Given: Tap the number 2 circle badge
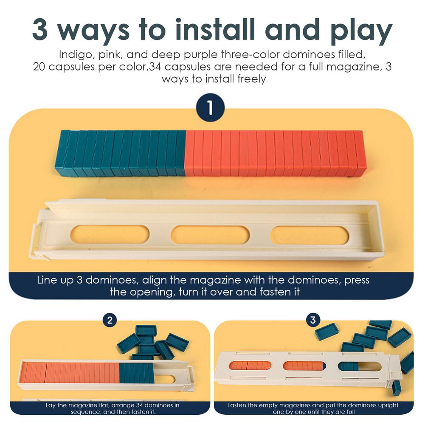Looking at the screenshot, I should point(110,320).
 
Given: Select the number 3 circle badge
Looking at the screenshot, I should point(313,320).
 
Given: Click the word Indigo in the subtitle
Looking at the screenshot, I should point(72,55).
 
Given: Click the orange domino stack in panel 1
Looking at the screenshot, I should point(275,153).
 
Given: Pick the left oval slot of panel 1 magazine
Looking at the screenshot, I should point(110,235).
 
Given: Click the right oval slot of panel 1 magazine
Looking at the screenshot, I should point(310,235).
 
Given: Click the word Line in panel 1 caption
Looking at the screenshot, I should point(47,280).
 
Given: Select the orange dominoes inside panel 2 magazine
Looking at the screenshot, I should point(70,372).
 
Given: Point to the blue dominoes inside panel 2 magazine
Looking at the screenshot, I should point(136,373).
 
